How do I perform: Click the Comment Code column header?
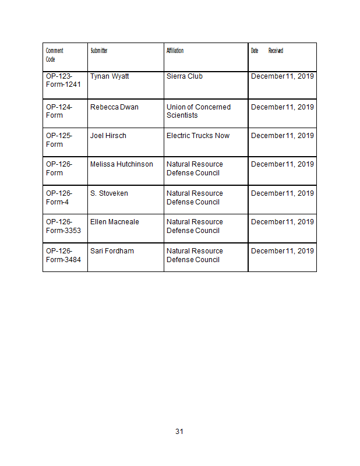coord(55,55)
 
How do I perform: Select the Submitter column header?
coord(99,51)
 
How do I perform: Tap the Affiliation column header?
coord(175,51)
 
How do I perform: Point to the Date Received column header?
coord(267,51)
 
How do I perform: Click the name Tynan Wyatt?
coord(110,76)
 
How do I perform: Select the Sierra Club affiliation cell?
coord(185,76)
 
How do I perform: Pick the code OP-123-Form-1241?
coord(63,80)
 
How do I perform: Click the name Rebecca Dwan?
coord(114,107)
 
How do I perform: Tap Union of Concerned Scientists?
coord(198,111)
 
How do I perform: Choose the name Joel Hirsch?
coord(108,136)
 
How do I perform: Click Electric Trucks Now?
coord(198,136)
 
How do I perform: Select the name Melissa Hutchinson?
coord(122,164)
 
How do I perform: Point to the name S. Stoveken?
coord(109,193)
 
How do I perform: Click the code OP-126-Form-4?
coord(59,197)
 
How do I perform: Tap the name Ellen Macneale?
coord(115,222)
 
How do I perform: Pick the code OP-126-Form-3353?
coord(63,226)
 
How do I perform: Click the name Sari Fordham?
coord(112,251)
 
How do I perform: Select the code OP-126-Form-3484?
coord(63,255)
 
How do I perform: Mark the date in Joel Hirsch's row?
coord(283,136)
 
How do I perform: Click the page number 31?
coord(179,432)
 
